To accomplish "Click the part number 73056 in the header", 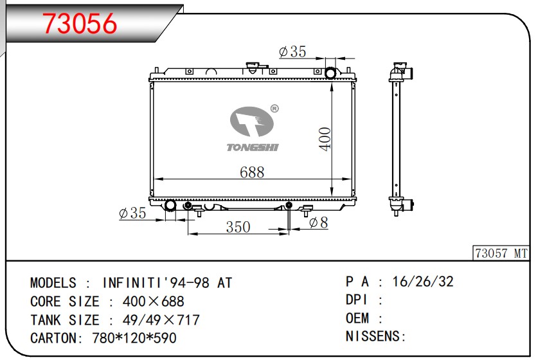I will point(80,24).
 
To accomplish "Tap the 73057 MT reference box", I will point(501,254).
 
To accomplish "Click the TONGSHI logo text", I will point(253,148).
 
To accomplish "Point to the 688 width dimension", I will point(251,172).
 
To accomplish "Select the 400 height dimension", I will point(325,139).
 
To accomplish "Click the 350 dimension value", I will point(238,227).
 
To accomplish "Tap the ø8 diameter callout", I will point(318,222).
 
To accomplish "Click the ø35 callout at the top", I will point(292,52).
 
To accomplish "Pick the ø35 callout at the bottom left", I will point(133,213).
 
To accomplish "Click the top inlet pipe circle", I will point(331,73).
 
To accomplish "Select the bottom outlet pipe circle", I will point(171,206).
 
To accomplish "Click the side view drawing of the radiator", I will point(399,138).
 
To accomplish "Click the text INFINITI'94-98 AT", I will point(167,283).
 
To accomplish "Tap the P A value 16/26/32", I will point(423,282).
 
